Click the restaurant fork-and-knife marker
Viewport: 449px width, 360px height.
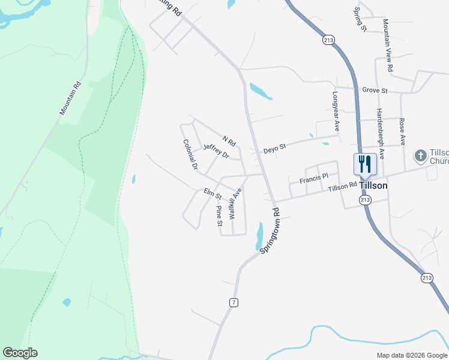pyautogui.click(x=365, y=163)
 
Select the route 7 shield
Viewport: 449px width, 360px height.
pyautogui.click(x=234, y=302)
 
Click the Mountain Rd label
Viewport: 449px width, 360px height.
pyautogui.click(x=70, y=99)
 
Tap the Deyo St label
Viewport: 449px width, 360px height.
pyautogui.click(x=274, y=148)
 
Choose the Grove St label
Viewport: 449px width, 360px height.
pyautogui.click(x=375, y=91)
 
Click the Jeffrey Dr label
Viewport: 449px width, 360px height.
pyautogui.click(x=216, y=151)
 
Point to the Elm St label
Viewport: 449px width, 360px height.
pyautogui.click(x=212, y=194)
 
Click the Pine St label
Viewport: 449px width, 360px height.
pyautogui.click(x=219, y=216)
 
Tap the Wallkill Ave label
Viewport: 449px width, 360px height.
pyautogui.click(x=235, y=203)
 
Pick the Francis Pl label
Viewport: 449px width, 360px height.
pyautogui.click(x=314, y=178)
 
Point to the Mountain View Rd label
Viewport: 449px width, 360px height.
pyautogui.click(x=388, y=45)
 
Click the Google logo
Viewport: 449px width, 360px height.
pyautogui.click(x=20, y=353)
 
